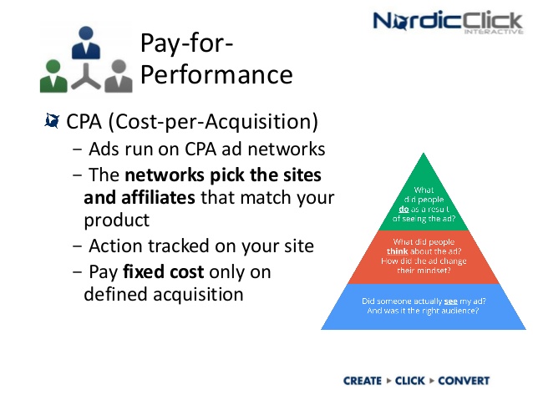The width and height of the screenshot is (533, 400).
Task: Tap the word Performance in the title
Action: tap(216, 75)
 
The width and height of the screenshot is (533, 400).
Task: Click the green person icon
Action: tap(56, 74)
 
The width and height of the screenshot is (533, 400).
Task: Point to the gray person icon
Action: tap(117, 74)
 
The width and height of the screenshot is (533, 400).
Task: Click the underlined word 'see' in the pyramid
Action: tap(453, 300)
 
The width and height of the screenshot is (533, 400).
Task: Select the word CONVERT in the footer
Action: tap(464, 381)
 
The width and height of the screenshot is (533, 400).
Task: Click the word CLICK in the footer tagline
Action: tap(410, 381)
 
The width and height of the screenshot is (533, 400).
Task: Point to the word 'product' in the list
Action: tap(116, 220)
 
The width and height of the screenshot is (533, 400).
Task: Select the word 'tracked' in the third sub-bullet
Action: tap(168, 246)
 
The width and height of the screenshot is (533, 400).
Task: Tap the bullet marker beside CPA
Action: tap(52, 122)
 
